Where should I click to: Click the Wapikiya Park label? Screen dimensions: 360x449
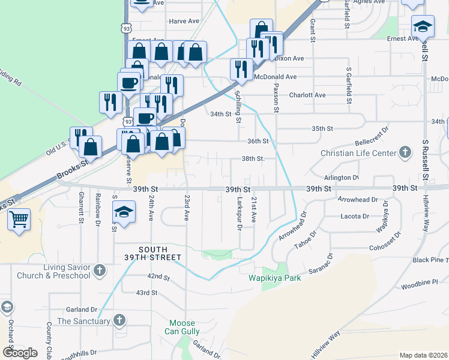(271, 278)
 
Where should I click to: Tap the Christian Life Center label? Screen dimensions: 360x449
(355, 153)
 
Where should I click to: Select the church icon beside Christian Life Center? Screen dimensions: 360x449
(405, 152)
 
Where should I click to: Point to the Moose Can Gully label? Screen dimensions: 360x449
(182, 327)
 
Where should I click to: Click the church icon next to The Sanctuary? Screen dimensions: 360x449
(119, 321)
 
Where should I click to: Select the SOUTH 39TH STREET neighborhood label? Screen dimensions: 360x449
(160, 253)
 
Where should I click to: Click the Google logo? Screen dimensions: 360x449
(20, 353)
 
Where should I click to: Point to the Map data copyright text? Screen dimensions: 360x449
(423, 355)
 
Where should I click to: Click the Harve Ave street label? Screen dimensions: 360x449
(184, 21)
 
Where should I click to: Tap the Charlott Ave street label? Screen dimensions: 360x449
(307, 95)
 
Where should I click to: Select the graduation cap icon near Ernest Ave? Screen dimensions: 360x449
(423, 26)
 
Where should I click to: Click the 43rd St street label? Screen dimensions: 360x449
(146, 293)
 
